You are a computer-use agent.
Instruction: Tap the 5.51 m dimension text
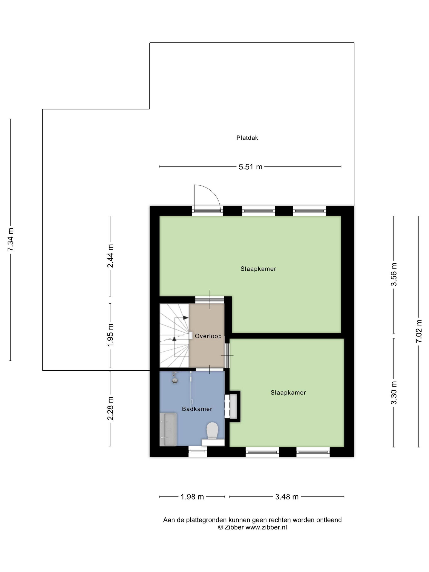click(250, 167)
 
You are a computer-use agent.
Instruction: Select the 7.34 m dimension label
click(10, 239)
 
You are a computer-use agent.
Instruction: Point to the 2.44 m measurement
click(110, 256)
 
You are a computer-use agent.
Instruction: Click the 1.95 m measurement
click(110, 335)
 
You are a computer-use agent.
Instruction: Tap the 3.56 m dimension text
click(394, 274)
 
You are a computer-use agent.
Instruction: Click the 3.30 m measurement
click(394, 393)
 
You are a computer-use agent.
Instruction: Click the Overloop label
click(208, 336)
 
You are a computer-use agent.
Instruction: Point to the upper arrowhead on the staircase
click(186, 317)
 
